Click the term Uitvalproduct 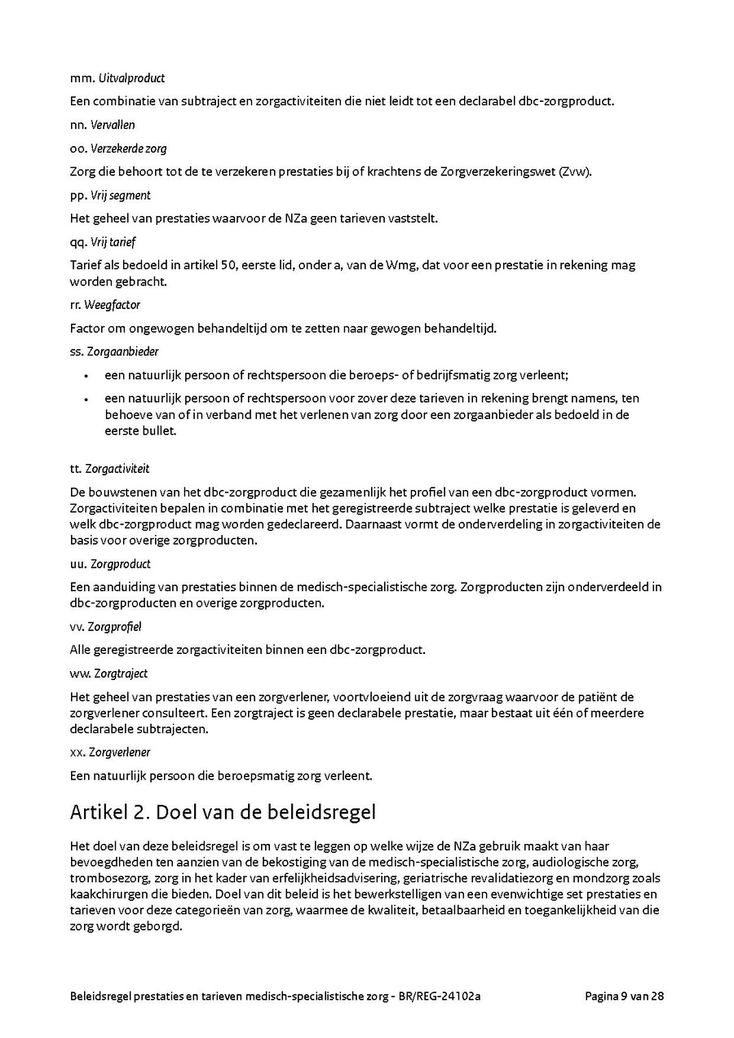tap(131, 78)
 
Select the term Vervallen tap(113, 125)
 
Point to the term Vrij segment tap(120, 196)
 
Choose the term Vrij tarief tap(113, 242)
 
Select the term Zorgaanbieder tap(122, 351)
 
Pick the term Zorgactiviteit tap(117, 469)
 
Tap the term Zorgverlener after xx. tap(119, 752)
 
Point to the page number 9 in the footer tap(624, 996)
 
